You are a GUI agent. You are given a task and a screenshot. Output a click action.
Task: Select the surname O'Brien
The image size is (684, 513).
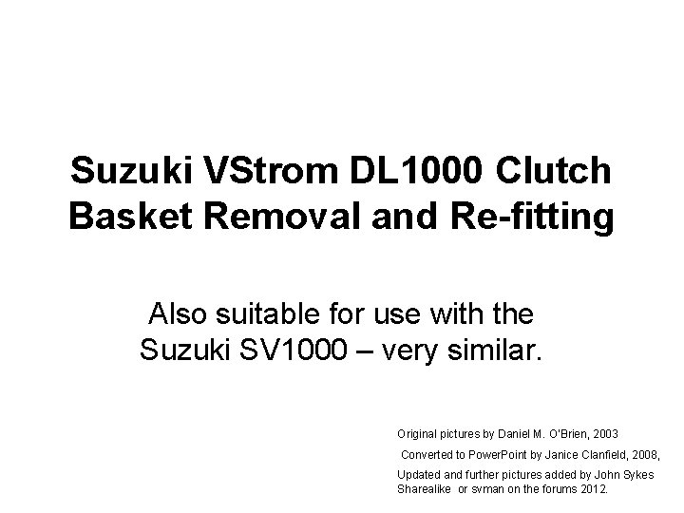coord(560,433)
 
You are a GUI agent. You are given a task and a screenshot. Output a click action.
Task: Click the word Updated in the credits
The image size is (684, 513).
coord(418,474)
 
